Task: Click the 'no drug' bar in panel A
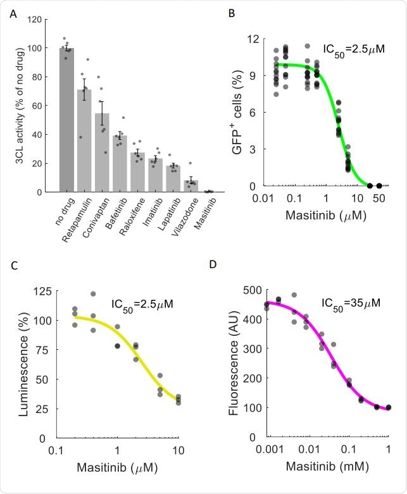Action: [x=66, y=120]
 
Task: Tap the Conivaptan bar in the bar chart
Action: [x=102, y=152]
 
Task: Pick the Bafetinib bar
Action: [x=120, y=164]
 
